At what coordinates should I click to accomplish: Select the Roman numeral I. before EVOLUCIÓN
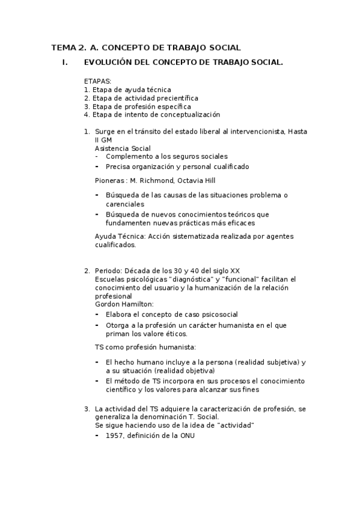[66, 62]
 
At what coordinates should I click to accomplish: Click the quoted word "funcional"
[242, 280]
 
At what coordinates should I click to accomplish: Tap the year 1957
[115, 435]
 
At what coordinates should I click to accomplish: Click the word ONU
[186, 435]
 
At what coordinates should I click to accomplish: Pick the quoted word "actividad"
[235, 425]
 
